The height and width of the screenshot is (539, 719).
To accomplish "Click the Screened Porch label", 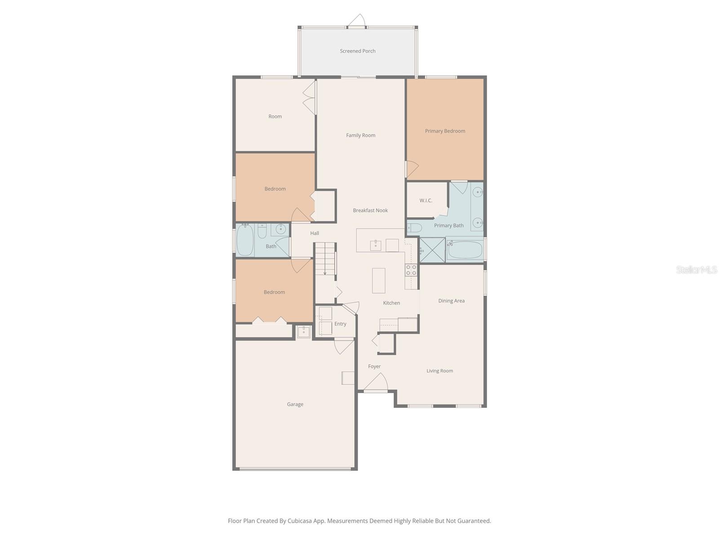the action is click(357, 51).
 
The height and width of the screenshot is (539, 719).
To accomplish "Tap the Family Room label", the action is click(361, 135).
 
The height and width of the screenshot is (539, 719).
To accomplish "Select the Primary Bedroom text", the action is click(445, 131).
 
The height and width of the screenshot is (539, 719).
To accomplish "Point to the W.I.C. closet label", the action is click(426, 200).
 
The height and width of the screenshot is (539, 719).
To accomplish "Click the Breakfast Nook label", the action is click(370, 210).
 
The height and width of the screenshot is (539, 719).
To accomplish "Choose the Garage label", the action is click(295, 404).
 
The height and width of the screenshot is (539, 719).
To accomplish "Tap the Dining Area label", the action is click(451, 301).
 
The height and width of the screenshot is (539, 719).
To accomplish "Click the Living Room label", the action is click(439, 371).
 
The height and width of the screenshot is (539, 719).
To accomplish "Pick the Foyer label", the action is click(374, 367).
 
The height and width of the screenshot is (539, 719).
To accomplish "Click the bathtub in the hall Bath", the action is click(245, 240).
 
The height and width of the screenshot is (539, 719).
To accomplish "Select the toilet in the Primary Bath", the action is click(414, 227).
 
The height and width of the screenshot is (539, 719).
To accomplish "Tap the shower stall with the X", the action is click(432, 250).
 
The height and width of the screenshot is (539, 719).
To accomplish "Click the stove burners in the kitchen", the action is click(411, 270).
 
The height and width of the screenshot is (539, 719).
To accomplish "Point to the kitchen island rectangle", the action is click(378, 280).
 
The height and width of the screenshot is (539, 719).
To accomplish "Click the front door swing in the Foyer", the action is click(377, 382).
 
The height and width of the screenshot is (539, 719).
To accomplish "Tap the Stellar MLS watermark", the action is click(697, 269).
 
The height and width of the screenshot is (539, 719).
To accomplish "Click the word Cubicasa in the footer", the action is click(300, 521).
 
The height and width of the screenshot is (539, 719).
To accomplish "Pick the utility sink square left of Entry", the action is click(304, 332).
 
